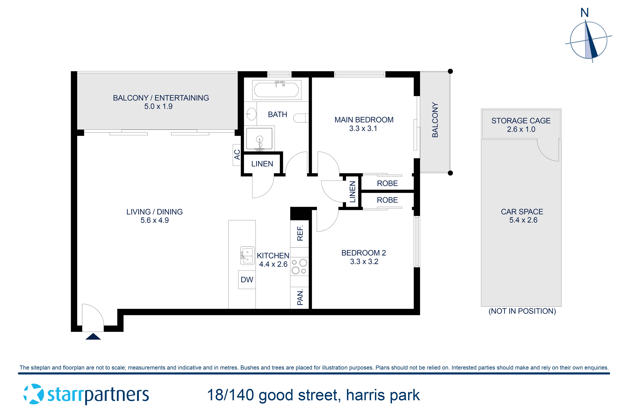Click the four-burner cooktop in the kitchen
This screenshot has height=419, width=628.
(299, 266)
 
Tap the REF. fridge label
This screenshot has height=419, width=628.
(300, 233)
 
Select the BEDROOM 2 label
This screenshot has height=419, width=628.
(363, 253)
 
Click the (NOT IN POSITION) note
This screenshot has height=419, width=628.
(522, 311)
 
